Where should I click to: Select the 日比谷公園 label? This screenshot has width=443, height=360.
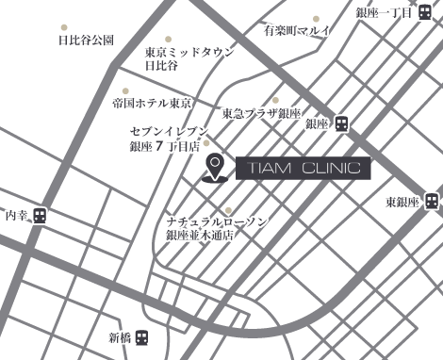coord(86,41)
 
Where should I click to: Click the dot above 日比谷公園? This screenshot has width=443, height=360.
coord(63,27)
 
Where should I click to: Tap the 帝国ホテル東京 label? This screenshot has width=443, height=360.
coord(151,102)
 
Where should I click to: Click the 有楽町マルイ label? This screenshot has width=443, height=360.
coord(299,30)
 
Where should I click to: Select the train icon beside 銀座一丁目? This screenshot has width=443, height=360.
coord(426,12)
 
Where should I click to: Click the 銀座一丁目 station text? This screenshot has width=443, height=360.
coord(385,13)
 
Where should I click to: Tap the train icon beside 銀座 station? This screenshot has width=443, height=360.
coord(341,123)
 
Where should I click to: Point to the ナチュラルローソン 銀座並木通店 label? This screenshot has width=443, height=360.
coord(216,227)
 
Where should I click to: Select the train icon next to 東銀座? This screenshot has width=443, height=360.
coord(431,201)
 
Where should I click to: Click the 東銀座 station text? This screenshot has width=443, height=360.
coord(401,202)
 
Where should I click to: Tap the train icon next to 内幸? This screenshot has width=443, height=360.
coord(40,216)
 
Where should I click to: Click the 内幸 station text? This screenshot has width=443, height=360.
coord(17,216)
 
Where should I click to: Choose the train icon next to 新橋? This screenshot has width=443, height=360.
coord(141,336)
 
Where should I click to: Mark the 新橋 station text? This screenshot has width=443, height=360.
coord(120,336)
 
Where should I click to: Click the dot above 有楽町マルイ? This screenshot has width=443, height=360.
coord(316,18)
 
